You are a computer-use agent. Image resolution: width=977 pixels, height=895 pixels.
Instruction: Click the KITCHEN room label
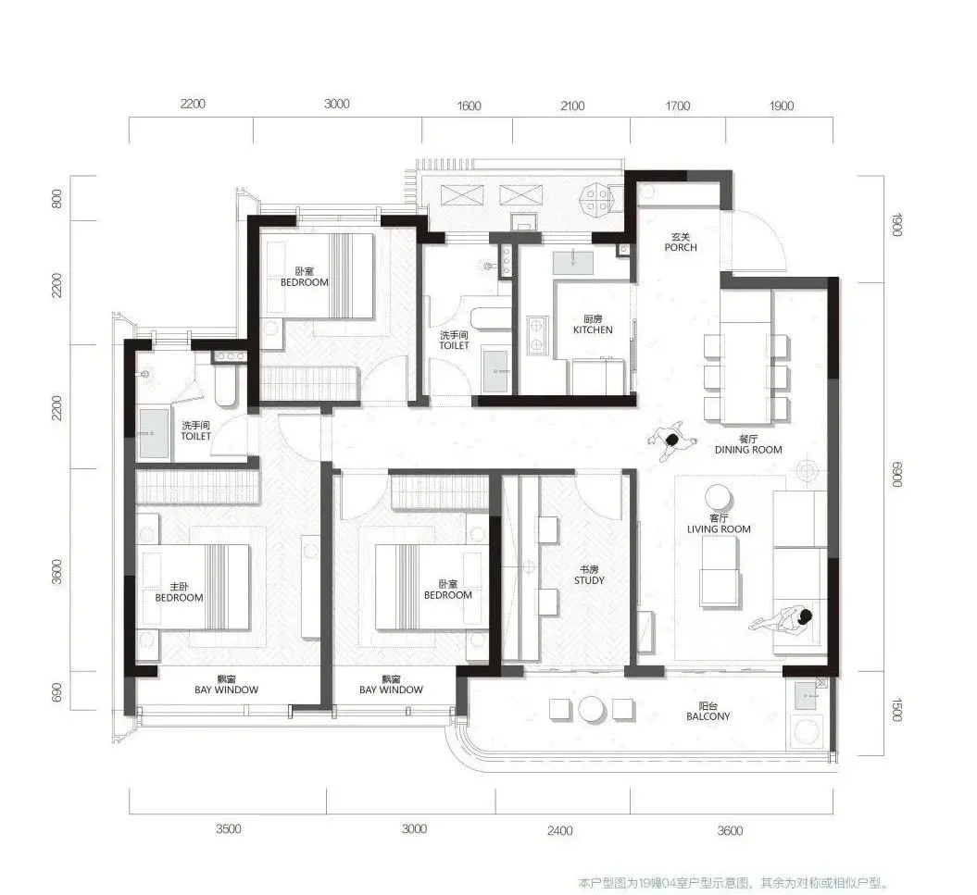point(593,329)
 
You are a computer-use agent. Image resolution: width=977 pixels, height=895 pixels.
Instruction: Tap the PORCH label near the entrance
point(681,247)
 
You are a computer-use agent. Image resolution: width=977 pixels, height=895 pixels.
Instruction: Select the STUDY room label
point(589,579)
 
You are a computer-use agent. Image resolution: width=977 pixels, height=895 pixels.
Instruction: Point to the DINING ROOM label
point(747,450)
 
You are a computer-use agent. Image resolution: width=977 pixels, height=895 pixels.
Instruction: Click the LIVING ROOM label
point(719,528)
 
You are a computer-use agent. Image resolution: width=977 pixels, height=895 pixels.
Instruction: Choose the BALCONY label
point(708,716)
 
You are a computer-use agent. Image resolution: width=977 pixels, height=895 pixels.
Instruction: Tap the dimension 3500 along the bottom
point(228,828)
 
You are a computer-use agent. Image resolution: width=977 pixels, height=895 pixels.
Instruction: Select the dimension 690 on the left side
point(56,692)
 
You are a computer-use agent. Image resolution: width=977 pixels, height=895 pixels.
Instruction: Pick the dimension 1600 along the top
point(469,106)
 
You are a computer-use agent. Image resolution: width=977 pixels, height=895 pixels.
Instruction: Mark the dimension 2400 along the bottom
point(559,830)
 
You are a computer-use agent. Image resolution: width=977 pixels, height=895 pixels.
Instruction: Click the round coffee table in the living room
point(719,498)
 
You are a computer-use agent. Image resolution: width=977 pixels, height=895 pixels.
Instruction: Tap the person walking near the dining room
point(671,441)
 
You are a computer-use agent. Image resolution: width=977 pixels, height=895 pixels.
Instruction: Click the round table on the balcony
point(592,709)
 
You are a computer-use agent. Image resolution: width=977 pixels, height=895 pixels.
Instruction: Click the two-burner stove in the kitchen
point(535,335)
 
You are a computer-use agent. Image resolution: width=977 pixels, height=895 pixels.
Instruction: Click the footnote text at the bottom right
point(733,883)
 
